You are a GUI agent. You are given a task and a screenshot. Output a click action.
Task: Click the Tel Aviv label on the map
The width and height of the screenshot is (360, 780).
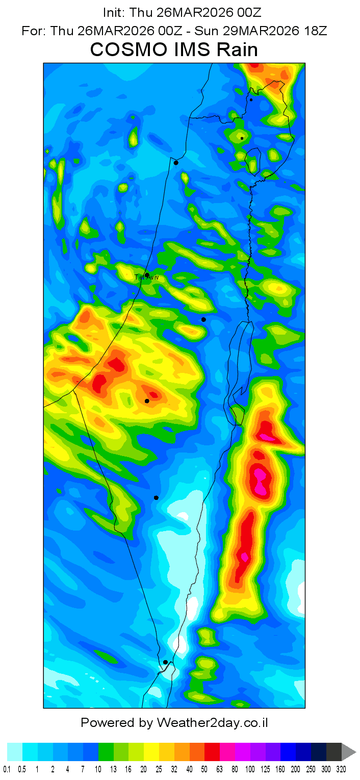pos(147,278)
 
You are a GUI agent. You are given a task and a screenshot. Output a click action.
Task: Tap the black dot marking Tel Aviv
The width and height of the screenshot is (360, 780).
pos(147,275)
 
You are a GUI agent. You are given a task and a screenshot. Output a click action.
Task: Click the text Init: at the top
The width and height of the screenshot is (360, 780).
pos(115,12)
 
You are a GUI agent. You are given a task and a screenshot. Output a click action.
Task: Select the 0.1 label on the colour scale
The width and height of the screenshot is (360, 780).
pos(7,769)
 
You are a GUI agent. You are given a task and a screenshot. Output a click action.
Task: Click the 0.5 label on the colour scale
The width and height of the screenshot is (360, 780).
pos(22,769)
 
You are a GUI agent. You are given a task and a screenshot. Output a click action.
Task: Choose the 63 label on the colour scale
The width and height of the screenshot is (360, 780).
pos(220,769)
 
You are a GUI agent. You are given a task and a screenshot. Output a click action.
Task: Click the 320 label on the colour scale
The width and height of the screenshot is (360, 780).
pos(341,769)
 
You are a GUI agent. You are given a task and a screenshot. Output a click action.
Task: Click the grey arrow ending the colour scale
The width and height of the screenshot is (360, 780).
pos(349,752)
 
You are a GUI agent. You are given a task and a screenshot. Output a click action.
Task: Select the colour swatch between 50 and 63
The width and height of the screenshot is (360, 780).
pos(212,752)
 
